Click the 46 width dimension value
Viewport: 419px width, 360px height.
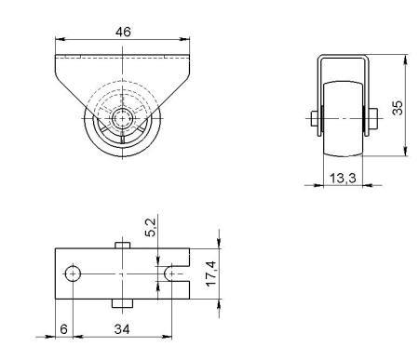click(123, 32)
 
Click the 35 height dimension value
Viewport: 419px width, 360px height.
click(398, 108)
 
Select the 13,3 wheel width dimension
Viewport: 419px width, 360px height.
click(343, 179)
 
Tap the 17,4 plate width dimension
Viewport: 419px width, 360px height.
click(211, 273)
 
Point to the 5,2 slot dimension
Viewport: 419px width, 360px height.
click(151, 227)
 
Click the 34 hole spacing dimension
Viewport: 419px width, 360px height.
click(122, 329)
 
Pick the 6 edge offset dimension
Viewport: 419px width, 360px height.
click(63, 329)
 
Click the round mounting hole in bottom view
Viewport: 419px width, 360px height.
click(73, 273)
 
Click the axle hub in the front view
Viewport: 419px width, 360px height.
click(122, 118)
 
